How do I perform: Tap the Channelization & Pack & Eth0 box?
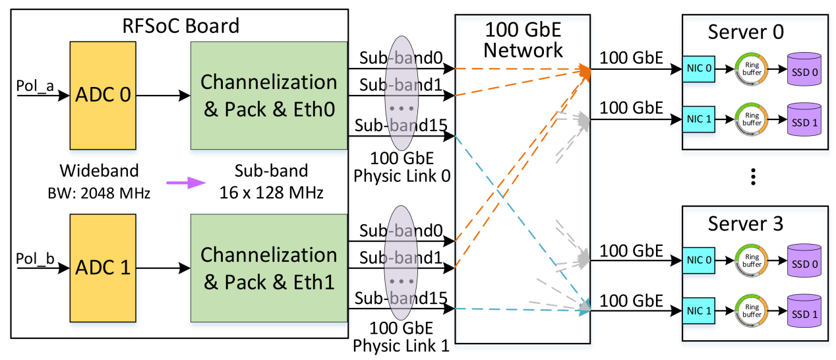[268, 95]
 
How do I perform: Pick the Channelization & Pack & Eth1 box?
[268, 268]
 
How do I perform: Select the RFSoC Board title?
[181, 26]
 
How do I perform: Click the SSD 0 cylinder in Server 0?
[804, 69]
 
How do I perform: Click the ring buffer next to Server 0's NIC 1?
[752, 119]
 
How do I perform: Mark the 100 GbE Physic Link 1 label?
[402, 336]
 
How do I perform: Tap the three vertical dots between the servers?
[754, 177]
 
